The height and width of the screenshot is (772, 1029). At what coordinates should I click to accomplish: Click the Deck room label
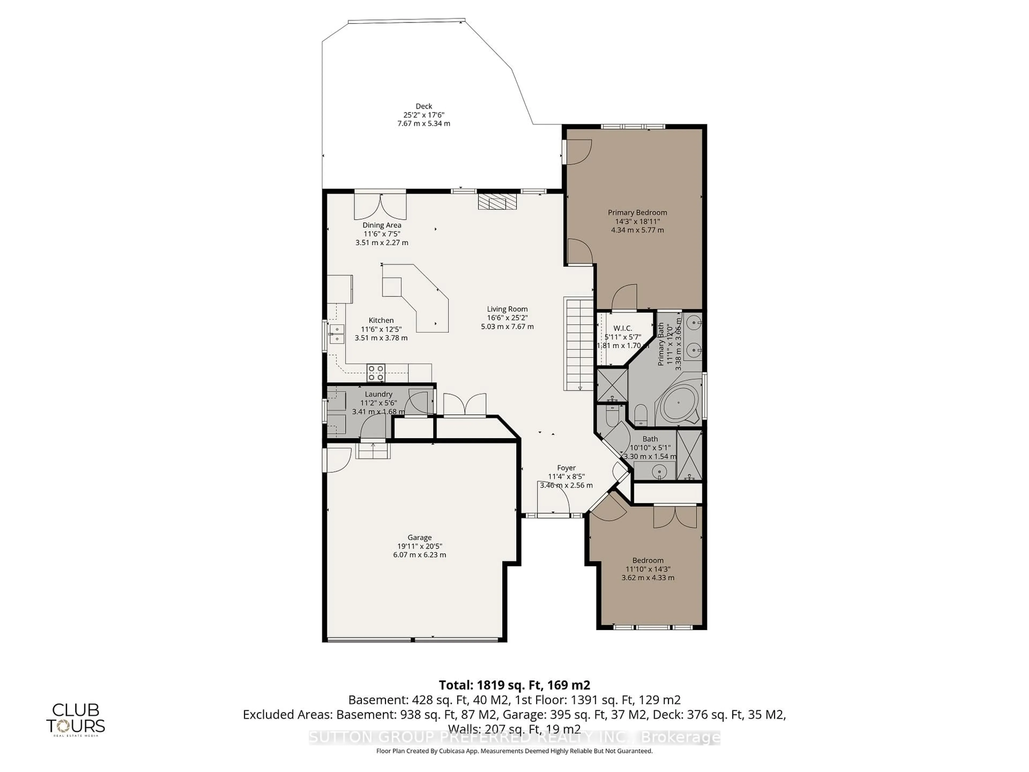pyautogui.click(x=423, y=106)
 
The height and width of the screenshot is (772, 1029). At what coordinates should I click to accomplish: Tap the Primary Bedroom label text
pyautogui.click(x=637, y=213)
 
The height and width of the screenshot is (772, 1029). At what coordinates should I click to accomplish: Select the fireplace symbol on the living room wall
pyautogui.click(x=497, y=202)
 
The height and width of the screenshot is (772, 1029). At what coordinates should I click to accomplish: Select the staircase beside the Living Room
pyautogui.click(x=579, y=344)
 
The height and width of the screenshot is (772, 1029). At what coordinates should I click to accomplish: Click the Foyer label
pyautogui.click(x=566, y=468)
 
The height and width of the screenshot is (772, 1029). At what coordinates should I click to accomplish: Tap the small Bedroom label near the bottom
pyautogui.click(x=647, y=560)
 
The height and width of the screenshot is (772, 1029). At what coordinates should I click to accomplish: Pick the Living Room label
pyautogui.click(x=507, y=309)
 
